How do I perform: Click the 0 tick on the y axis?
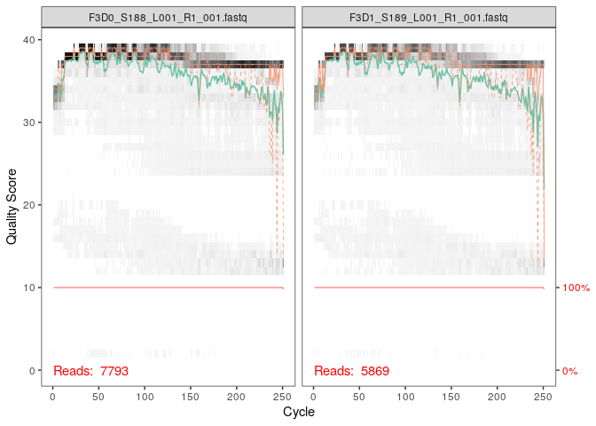click(x=33, y=370)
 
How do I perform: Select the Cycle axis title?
click(x=298, y=413)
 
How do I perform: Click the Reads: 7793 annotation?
click(x=90, y=370)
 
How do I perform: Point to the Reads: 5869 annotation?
click(x=351, y=370)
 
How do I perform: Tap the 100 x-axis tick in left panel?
click(x=145, y=395)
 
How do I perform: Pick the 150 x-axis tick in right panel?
click(x=451, y=395)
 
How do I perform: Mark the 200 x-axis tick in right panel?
click(x=498, y=395)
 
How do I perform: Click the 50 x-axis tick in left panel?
click(x=98, y=395)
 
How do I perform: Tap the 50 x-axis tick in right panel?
click(x=359, y=395)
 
